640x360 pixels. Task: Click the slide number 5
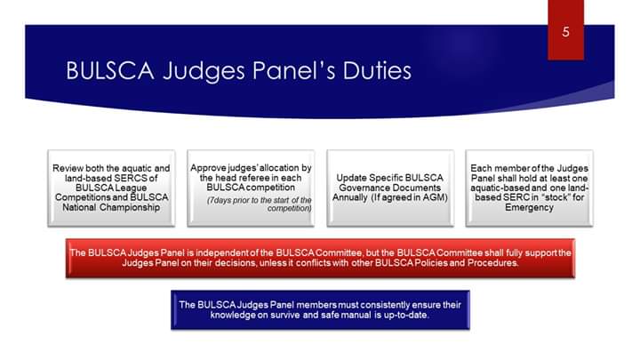(565, 33)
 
